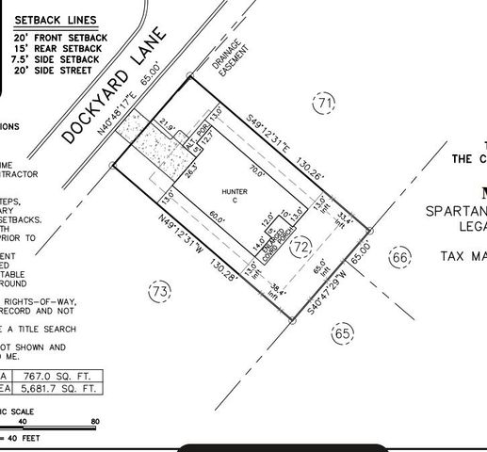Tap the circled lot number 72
pyautogui.click(x=300, y=247)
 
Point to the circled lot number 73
pyautogui.click(x=161, y=293)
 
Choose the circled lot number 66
pyautogui.click(x=401, y=257)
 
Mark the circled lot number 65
pyautogui.click(x=343, y=332)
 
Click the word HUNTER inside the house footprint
pyautogui.click(x=233, y=191)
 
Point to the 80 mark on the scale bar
pyautogui.click(x=94, y=422)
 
